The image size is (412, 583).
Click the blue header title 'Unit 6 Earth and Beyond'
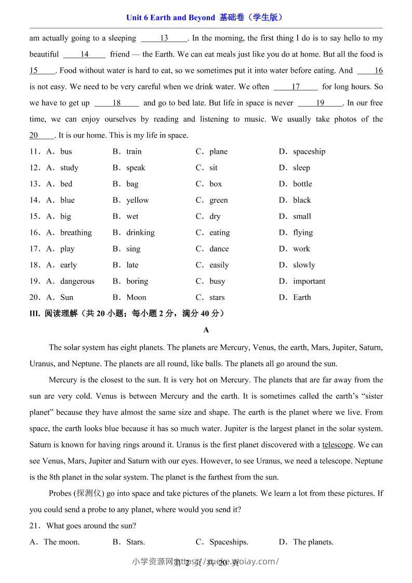pyautogui.click(x=170, y=18)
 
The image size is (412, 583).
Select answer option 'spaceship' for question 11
pyautogui.click(x=309, y=152)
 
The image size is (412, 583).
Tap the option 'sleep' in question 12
pyautogui.click(x=301, y=168)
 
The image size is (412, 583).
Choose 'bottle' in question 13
pyautogui.click(x=302, y=184)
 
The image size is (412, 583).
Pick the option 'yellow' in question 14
pyautogui.click(x=138, y=200)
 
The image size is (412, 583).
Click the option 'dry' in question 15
pyautogui.click(x=215, y=216)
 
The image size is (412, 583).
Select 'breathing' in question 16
pyautogui.click(x=76, y=232)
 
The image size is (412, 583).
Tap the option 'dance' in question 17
pyautogui.click(x=219, y=249)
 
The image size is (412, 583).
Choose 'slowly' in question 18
pyautogui.click(x=304, y=265)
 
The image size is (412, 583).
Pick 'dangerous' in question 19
pyautogui.click(x=77, y=281)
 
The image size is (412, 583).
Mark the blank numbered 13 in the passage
pyautogui.click(x=164, y=38)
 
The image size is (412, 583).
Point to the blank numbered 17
pyautogui.click(x=296, y=87)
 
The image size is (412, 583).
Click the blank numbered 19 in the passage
pyautogui.click(x=320, y=103)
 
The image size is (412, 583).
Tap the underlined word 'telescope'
pyautogui.click(x=338, y=445)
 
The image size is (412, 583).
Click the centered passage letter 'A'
pyautogui.click(x=206, y=330)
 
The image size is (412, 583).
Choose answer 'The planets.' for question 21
pyautogui.click(x=313, y=542)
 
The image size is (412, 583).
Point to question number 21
pyautogui.click(x=34, y=526)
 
